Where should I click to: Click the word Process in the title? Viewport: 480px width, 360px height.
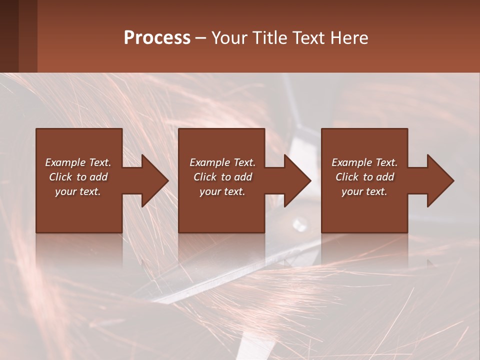pos(157,38)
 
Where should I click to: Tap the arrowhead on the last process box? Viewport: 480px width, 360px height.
pos(439,180)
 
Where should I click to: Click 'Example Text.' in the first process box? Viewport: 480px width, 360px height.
pos(78,162)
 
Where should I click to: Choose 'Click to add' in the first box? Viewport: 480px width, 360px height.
pos(78,177)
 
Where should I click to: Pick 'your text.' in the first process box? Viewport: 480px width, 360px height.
pos(78,191)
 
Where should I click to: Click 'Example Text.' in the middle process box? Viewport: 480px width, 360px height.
pos(222,162)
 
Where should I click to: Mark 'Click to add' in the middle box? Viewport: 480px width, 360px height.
pos(222,177)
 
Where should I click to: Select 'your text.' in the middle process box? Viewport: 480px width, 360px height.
pos(222,191)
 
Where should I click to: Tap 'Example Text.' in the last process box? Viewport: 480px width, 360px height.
pos(364,162)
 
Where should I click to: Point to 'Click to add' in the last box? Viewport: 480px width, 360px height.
pos(364,177)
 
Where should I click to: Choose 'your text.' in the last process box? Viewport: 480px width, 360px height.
pos(364,191)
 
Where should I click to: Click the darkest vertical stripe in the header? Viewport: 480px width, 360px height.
pos(9,36)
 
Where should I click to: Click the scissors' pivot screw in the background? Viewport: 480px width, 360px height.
pos(299,221)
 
